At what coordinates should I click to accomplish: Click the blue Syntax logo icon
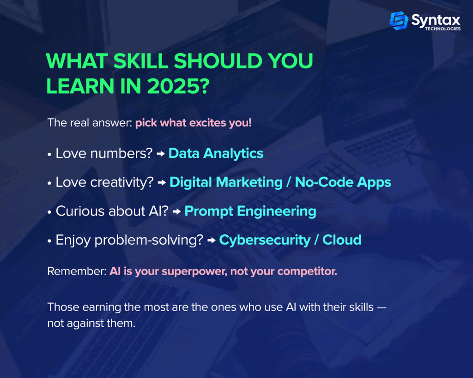point(399,20)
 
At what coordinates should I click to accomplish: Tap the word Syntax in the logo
point(436,20)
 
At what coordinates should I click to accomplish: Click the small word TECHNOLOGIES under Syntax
point(443,29)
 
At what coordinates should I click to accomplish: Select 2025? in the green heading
point(178,86)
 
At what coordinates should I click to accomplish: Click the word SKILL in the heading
point(141,61)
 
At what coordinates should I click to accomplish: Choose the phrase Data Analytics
point(216,153)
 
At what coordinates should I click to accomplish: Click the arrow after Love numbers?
point(161,154)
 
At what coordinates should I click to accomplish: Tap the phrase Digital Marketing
point(226,182)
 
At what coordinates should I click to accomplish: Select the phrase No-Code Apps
point(343,182)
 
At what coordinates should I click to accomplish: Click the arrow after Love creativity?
point(162,183)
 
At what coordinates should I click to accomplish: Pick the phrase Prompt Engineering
point(250,211)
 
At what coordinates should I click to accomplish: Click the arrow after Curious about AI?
point(177,211)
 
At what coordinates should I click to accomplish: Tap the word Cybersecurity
point(265,240)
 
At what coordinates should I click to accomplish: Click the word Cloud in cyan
point(342,240)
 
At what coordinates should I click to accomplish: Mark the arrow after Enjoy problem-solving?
point(212,240)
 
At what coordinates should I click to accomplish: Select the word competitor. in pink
point(307,271)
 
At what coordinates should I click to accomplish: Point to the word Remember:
point(77,271)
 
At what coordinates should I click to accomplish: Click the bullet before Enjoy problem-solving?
point(49,241)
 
